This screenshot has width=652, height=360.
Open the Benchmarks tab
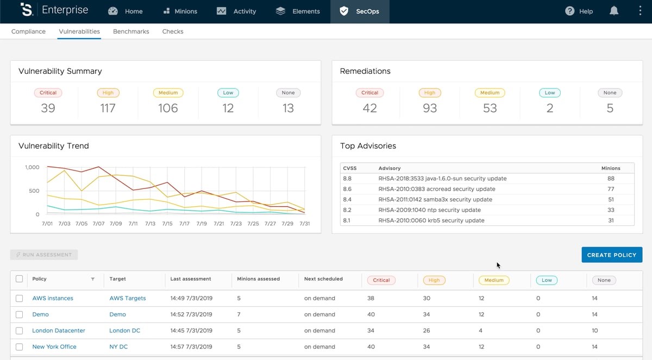(131, 31)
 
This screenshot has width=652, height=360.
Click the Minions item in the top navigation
(179, 11)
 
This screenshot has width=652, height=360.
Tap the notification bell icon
(614, 11)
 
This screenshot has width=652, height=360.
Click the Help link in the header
(579, 11)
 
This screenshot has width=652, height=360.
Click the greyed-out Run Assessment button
(44, 255)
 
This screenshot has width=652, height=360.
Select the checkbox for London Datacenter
(20, 330)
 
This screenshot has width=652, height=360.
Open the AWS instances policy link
(53, 298)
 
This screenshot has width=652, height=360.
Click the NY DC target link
(118, 346)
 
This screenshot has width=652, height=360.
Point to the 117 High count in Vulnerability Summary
(108, 108)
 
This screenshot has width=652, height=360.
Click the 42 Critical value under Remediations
(370, 108)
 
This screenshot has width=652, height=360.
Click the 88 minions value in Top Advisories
(611, 179)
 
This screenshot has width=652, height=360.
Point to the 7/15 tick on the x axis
(167, 224)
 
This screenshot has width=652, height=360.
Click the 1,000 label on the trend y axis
(32, 167)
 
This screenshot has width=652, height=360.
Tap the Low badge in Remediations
(550, 93)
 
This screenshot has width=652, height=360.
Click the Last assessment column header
(191, 279)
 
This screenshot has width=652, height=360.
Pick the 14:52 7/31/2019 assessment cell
(191, 314)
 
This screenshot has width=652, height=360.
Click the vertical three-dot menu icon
(640, 11)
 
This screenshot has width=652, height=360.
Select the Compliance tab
(29, 31)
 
